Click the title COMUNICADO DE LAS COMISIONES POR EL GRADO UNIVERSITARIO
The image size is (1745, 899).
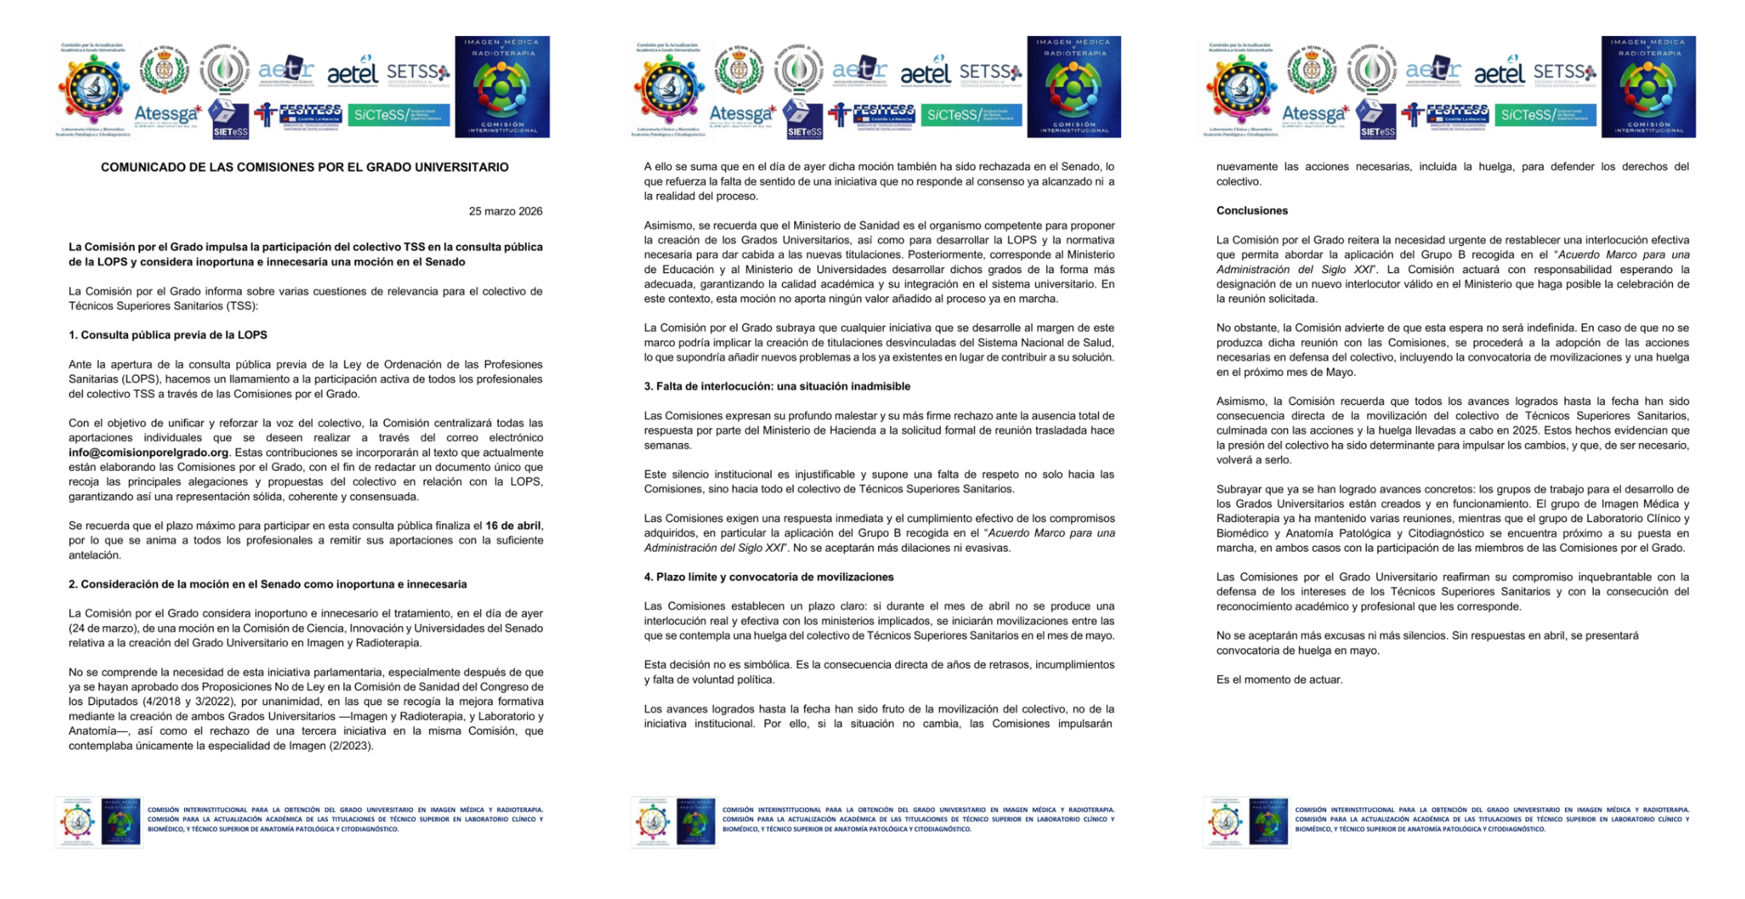304,167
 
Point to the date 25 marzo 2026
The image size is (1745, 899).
505,211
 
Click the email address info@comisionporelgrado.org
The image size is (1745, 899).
148,452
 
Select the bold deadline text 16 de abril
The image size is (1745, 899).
512,526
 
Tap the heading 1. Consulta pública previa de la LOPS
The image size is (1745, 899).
168,335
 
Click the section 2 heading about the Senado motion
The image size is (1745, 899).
267,584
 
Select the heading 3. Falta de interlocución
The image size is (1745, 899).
777,386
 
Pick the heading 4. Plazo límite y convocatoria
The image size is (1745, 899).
769,577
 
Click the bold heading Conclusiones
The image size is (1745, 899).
1251,211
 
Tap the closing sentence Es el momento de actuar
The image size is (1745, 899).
1279,679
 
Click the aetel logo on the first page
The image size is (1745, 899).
353,73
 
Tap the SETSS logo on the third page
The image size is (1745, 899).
1564,73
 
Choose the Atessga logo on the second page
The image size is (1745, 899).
743,115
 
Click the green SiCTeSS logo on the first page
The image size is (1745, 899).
399,115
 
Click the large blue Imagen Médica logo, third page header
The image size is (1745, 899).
1648,87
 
